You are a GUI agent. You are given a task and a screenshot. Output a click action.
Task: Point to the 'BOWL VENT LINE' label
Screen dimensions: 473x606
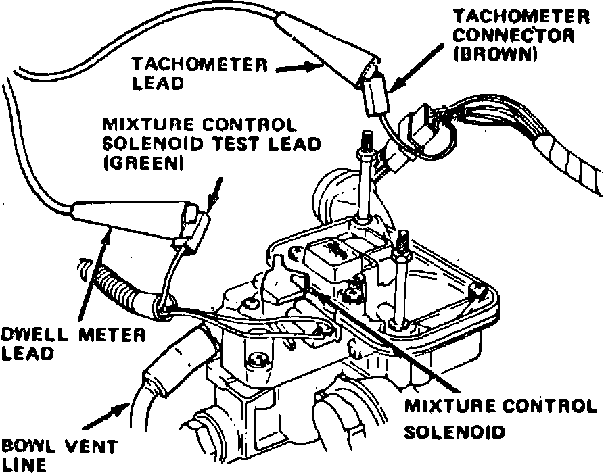(60, 455)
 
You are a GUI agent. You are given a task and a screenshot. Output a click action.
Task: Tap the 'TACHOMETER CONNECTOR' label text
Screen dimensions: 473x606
(514, 26)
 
